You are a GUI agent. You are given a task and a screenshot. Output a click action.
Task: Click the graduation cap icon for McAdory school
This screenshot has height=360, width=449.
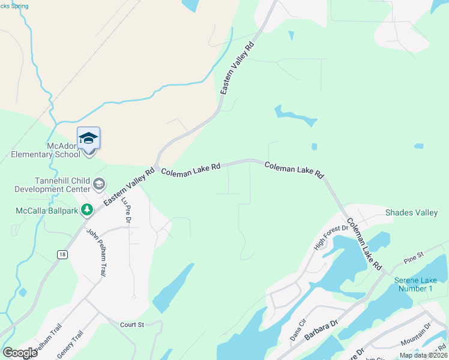(88, 138)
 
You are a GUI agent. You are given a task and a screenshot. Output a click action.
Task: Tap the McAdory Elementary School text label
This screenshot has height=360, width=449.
(46, 150)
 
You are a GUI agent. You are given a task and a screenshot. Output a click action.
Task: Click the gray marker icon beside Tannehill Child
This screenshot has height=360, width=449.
(100, 184)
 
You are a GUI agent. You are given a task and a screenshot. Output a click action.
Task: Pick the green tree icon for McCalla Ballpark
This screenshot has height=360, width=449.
(88, 209)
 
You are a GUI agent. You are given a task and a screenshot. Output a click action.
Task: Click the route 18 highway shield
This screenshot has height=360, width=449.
(62, 254)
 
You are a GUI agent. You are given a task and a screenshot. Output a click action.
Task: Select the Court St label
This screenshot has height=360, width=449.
(132, 325)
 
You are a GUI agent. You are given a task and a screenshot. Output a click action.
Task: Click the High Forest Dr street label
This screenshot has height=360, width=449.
(331, 238)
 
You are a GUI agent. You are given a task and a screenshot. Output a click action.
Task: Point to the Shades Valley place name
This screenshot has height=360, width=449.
(411, 212)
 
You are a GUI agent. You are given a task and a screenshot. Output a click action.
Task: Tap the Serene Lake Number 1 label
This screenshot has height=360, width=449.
(414, 284)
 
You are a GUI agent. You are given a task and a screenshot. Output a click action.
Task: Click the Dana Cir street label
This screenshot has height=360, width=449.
(298, 330)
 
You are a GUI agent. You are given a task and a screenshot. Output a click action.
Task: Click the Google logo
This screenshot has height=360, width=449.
(20, 352)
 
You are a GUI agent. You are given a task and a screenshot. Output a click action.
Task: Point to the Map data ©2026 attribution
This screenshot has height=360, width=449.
(423, 355)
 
